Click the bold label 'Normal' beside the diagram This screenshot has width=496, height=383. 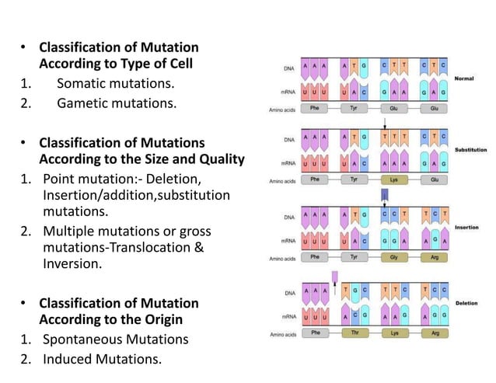tap(464, 78)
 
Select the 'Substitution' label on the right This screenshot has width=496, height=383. tap(471, 149)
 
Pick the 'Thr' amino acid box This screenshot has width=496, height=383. tap(355, 331)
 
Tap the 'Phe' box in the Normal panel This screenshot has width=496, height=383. tap(314, 109)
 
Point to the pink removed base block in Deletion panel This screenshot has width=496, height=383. tap(334, 277)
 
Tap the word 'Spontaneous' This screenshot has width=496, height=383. tap(85, 339)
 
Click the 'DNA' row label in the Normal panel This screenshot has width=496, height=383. tap(287, 68)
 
